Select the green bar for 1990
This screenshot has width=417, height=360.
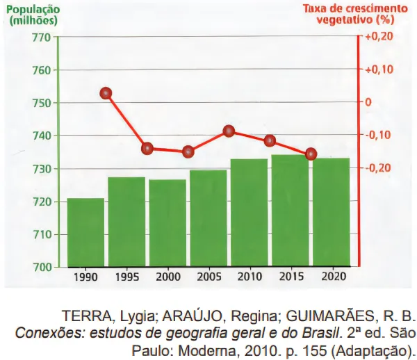[x=85, y=232]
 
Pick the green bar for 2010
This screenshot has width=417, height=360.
[x=249, y=213]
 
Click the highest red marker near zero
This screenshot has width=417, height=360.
[x=106, y=93]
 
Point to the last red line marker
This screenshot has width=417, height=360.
[x=311, y=154]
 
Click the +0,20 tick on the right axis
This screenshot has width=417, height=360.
[x=379, y=38]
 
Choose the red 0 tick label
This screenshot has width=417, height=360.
[x=369, y=102]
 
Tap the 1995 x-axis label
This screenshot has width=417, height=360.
[x=126, y=277]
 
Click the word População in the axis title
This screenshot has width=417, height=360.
[x=31, y=9]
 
